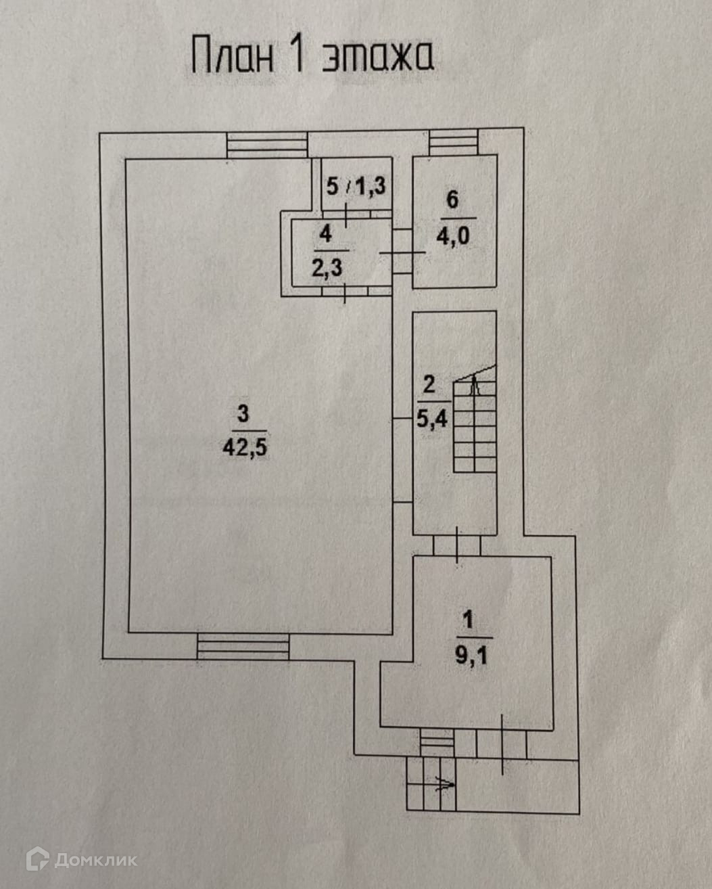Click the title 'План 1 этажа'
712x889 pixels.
tap(312, 55)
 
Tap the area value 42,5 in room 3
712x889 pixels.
tap(245, 447)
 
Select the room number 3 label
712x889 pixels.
tap(243, 412)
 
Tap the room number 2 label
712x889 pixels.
tap(429, 385)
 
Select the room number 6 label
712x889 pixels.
tap(452, 200)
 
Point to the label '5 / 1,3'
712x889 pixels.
tap(356, 185)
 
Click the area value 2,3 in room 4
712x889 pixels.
tap(327, 267)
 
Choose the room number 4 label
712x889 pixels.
tap(327, 234)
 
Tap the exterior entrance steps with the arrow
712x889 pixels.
tap(431, 783)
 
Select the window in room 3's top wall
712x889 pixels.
tap(267, 145)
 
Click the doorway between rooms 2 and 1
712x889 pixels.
tap(457, 545)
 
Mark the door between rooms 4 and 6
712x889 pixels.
tap(402, 252)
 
